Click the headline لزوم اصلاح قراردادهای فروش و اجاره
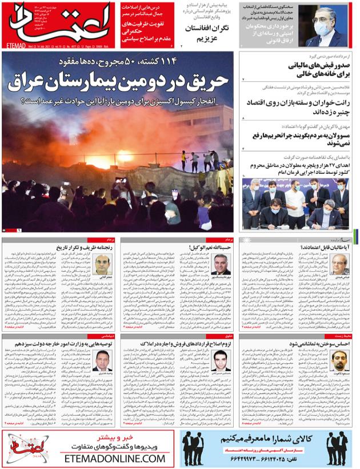click(182, 344)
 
